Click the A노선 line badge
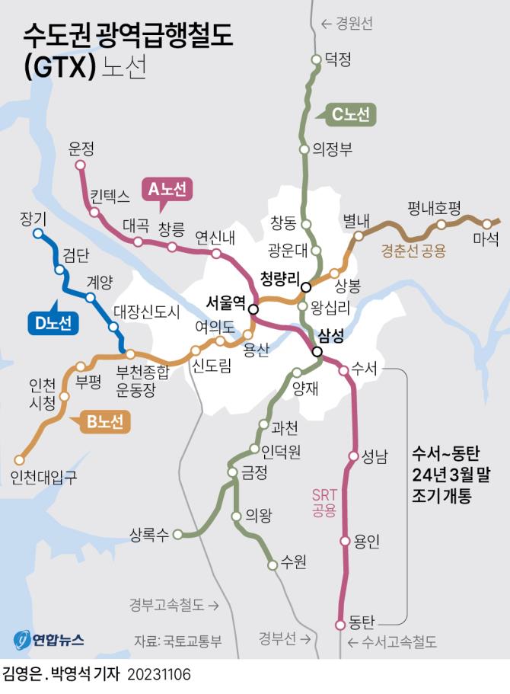coord(167,189)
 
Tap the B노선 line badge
coord(104,422)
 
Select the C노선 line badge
coord(350,115)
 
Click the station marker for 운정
coord(80,165)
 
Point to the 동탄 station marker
coord(340,625)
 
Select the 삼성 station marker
coord(317,351)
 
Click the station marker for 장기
coord(38,234)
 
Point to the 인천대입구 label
coord(44,477)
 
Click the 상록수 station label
coord(148,534)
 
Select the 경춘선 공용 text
coord(413,250)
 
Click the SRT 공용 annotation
coord(324,502)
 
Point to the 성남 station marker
coord(353,456)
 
